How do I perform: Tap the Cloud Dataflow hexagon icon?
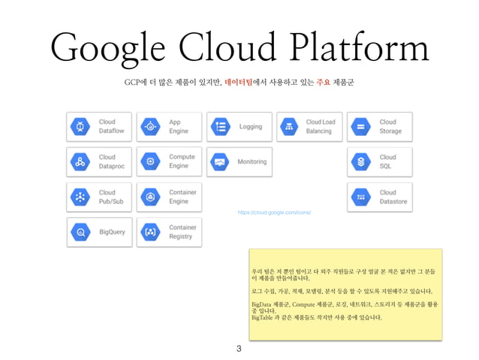coord(80,126)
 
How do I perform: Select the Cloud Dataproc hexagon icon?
coord(80,162)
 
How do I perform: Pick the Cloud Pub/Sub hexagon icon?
coord(80,197)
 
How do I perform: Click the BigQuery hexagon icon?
coord(80,232)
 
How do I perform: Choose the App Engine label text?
coord(179,126)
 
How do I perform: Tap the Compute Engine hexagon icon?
coord(150,162)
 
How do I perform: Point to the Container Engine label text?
coord(183,197)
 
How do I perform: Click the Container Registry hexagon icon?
coord(150,232)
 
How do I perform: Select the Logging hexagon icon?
coord(220,126)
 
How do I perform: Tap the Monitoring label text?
coord(252,162)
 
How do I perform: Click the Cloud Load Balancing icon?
coord(290,126)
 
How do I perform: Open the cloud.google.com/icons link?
coord(274,213)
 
